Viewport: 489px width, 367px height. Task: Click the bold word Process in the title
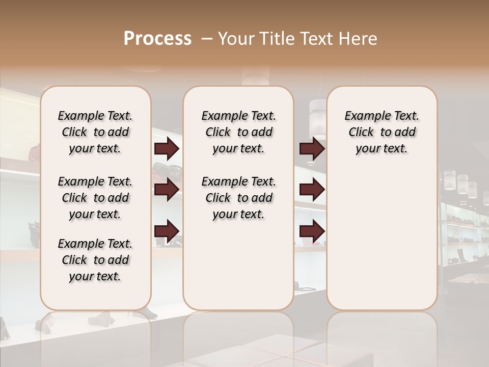click(157, 39)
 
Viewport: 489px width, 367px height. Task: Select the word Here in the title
click(359, 39)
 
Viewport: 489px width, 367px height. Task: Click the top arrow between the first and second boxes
click(167, 149)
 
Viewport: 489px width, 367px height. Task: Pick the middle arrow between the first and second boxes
click(167, 190)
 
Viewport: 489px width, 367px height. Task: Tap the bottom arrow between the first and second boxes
click(167, 230)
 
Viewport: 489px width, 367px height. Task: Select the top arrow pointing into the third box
click(312, 149)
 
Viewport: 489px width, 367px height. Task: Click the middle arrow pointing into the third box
click(312, 190)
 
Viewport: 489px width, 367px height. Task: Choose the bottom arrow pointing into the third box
click(312, 230)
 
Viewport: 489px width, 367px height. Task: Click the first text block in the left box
click(95, 132)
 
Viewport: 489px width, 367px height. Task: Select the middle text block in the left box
click(95, 198)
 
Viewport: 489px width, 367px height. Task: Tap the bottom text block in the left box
click(95, 260)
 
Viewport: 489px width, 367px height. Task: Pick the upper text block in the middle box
click(238, 132)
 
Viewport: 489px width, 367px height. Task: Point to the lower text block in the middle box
click(238, 198)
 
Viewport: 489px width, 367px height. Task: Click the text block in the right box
click(382, 132)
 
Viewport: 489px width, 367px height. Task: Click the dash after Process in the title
click(207, 39)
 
